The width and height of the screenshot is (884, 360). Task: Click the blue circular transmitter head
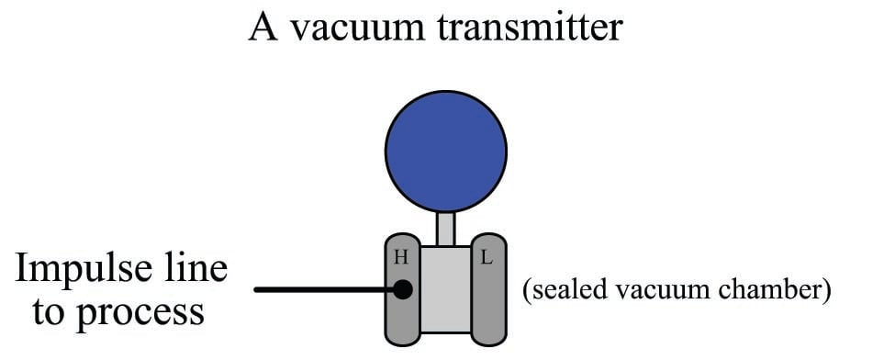pyautogui.click(x=444, y=151)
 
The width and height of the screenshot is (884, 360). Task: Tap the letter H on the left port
pyautogui.click(x=401, y=258)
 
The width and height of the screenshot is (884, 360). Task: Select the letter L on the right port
pyautogui.click(x=487, y=258)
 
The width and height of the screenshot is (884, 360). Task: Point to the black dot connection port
pyautogui.click(x=402, y=290)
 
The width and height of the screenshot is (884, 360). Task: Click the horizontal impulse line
pyautogui.click(x=321, y=290)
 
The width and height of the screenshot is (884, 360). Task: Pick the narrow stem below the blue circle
pyautogui.click(x=445, y=228)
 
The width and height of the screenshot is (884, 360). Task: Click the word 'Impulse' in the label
pyautogui.click(x=90, y=270)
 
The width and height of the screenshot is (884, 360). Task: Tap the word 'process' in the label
pyautogui.click(x=142, y=311)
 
